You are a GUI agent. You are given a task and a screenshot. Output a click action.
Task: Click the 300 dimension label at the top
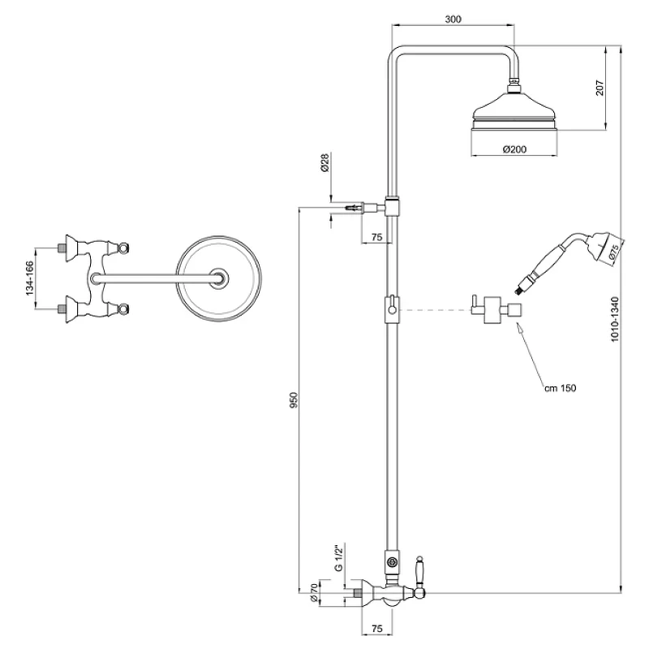click(x=453, y=19)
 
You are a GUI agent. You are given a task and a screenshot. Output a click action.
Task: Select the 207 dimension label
click(x=600, y=88)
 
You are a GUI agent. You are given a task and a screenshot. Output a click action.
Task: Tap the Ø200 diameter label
click(x=514, y=149)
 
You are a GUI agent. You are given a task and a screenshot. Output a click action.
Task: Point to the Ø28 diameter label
click(x=324, y=163)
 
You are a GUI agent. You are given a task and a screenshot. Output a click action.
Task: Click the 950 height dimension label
click(x=294, y=400)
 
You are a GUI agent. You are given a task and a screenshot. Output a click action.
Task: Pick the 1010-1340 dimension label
click(x=615, y=319)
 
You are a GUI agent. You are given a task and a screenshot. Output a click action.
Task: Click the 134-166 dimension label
click(x=29, y=278)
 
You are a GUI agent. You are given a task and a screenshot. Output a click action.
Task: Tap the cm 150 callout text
click(x=560, y=388)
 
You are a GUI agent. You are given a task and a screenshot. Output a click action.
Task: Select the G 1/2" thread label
click(x=339, y=558)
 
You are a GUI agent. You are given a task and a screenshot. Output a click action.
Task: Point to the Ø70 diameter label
click(x=314, y=593)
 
